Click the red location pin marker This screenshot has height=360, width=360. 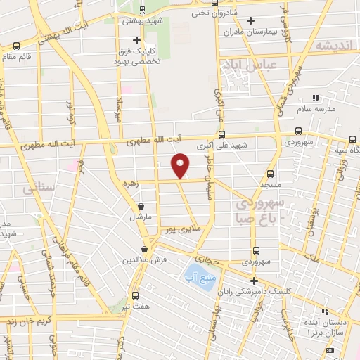tap(181, 165)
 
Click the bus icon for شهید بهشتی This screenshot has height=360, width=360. tap(143, 10)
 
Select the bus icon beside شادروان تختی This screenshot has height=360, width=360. tap(196, 13)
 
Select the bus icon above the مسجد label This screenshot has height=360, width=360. tap(271, 174)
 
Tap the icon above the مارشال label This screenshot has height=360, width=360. tap(143, 207)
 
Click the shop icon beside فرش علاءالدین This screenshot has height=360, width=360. tap(144, 248)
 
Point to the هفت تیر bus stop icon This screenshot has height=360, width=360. tap(136, 295)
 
